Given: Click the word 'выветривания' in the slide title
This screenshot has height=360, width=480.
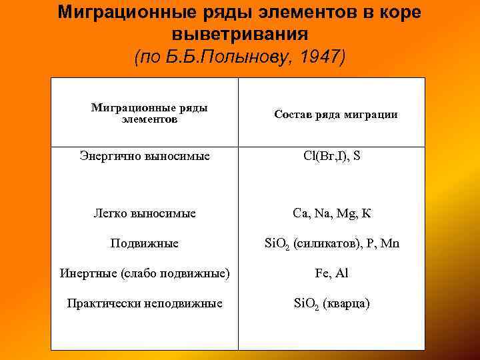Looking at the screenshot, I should click(239, 34).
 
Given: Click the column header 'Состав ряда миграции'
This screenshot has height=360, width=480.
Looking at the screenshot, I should click(335, 115).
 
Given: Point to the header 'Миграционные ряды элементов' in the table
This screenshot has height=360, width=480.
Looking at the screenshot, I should click(149, 113).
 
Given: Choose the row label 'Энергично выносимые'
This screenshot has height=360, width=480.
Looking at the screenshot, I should click(145, 156).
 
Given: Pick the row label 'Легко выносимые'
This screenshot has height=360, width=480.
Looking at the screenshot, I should click(144, 213).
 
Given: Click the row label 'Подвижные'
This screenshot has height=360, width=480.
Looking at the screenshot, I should click(144, 243).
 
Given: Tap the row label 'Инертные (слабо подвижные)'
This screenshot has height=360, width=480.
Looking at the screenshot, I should click(145, 273).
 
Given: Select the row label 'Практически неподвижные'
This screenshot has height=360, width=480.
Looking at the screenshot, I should click(145, 303).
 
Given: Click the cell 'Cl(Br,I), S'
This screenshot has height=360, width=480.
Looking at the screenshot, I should click(332, 156).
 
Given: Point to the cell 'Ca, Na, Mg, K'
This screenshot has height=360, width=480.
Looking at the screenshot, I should click(332, 213).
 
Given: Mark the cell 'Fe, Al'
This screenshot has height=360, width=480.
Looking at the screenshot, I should click(332, 273).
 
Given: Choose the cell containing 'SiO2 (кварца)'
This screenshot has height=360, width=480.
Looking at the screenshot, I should click(332, 304).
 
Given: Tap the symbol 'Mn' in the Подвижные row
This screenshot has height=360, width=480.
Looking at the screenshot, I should click(391, 244).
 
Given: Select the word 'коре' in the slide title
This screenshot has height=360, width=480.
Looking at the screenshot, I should click(397, 13).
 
